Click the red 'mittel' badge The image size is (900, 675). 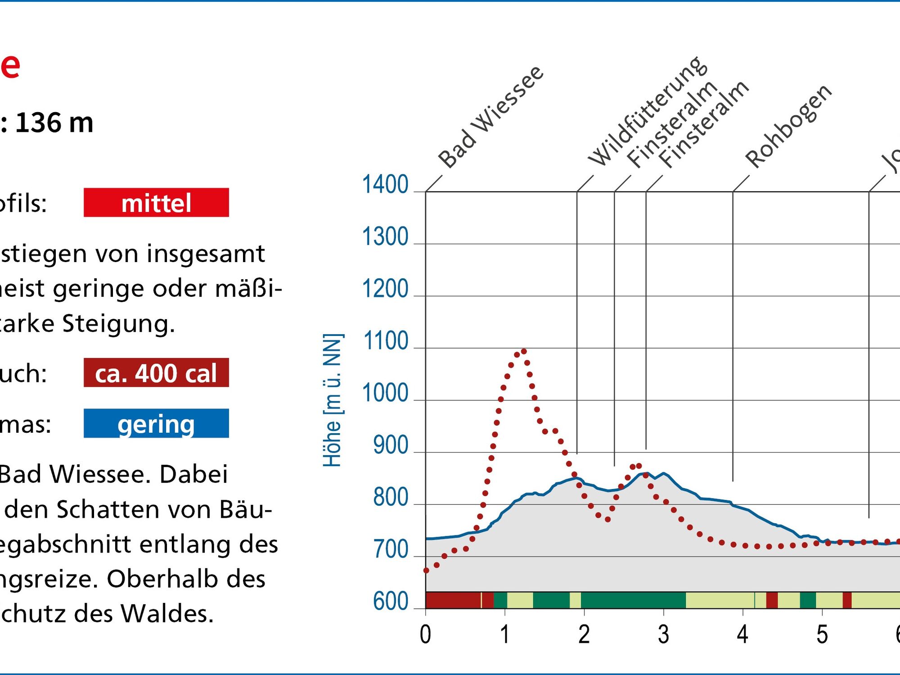click(156, 203)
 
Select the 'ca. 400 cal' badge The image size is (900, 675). click(156, 373)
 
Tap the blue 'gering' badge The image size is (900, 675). click(156, 424)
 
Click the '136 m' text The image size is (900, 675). click(54, 122)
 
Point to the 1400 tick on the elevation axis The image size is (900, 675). click(385, 185)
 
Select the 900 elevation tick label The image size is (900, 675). click(390, 446)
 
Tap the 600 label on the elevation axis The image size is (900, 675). click(390, 602)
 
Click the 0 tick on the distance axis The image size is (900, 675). click(425, 634)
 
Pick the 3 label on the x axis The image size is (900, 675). click(663, 634)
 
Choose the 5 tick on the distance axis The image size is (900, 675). click(822, 634)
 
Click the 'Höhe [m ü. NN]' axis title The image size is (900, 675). click(333, 400)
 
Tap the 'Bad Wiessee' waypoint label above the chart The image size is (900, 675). click(490, 117)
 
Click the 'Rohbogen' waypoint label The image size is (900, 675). click(788, 126)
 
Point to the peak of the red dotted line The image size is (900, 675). click(523, 351)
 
